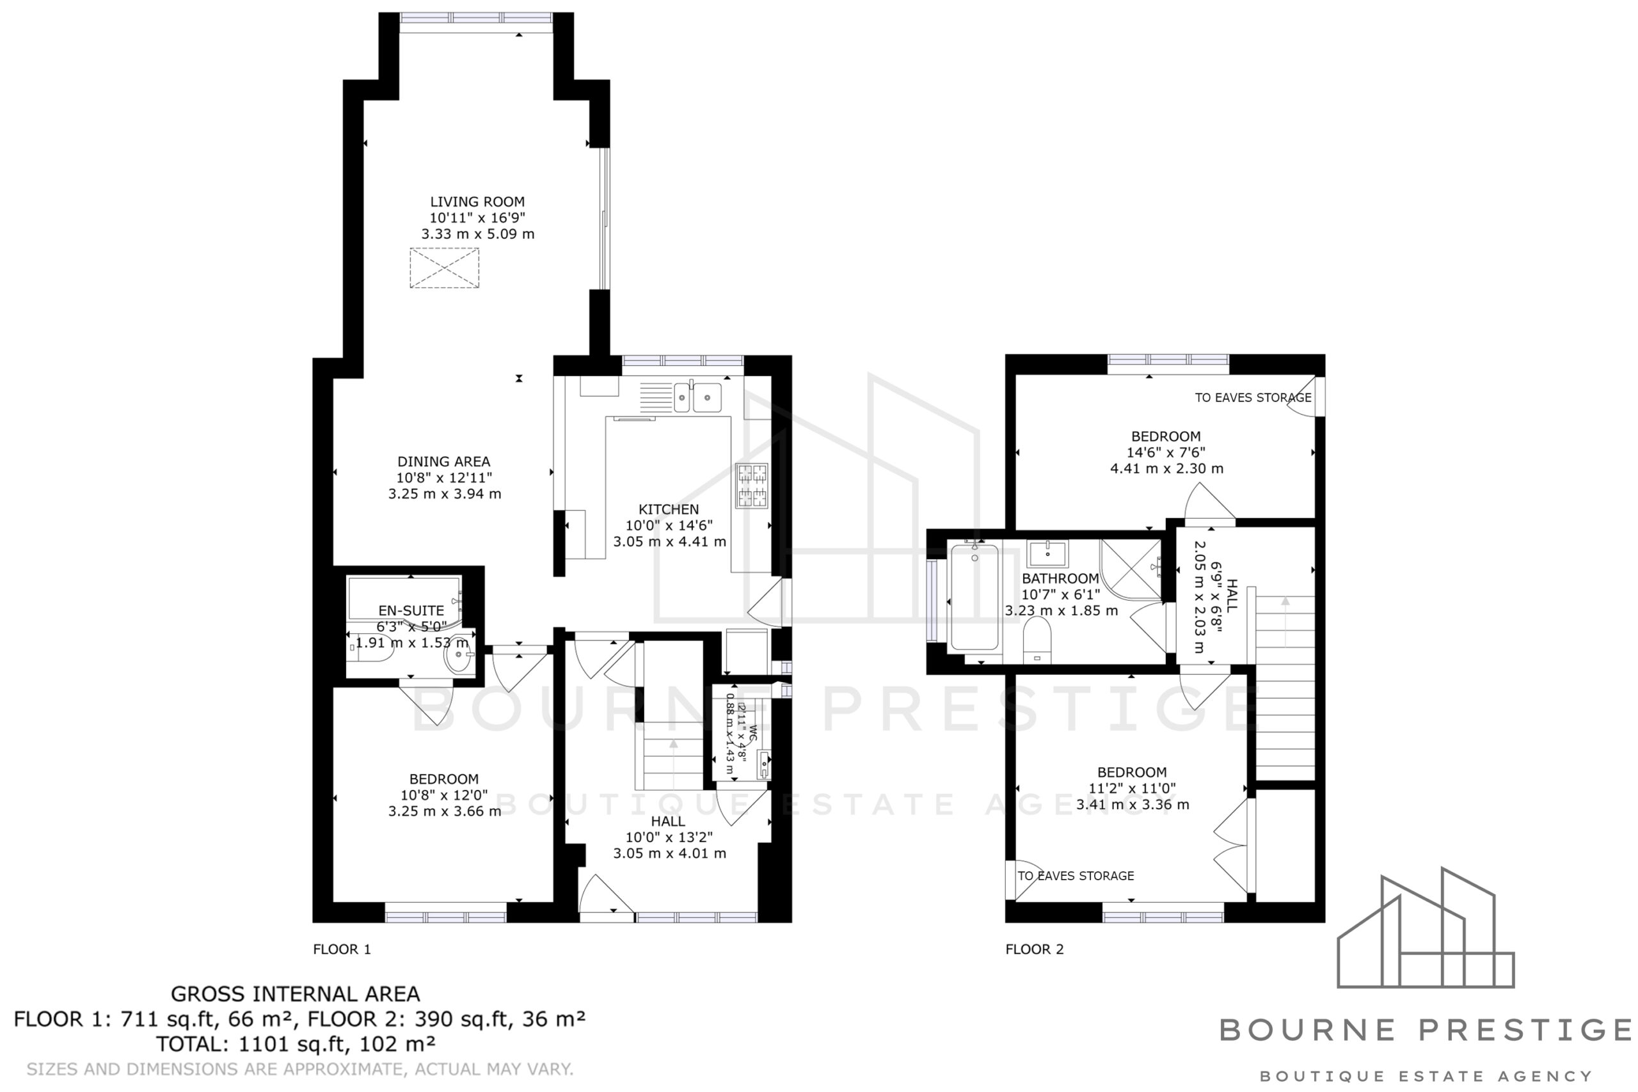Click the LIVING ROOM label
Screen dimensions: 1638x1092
pos(477,202)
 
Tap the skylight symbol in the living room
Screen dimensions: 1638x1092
pos(444,268)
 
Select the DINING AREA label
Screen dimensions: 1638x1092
pos(443,462)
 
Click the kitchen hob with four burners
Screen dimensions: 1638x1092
pos(752,486)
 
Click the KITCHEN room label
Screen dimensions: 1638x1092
pos(669,510)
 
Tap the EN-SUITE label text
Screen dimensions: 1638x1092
pos(411,611)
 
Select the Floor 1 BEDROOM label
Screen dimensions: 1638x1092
pos(443,779)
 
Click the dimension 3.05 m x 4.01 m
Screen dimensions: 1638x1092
pos(669,853)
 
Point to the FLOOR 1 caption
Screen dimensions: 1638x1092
pos(342,949)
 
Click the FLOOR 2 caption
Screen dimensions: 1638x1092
pos(1034,949)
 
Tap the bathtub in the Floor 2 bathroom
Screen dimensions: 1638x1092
pos(974,597)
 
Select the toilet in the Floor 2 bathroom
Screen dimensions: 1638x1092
pos(1037,639)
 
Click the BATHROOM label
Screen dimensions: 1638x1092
pos(1060,579)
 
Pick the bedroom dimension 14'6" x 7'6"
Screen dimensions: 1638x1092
pos(1166,453)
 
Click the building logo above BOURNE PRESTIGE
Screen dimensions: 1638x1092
pos(1426,928)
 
